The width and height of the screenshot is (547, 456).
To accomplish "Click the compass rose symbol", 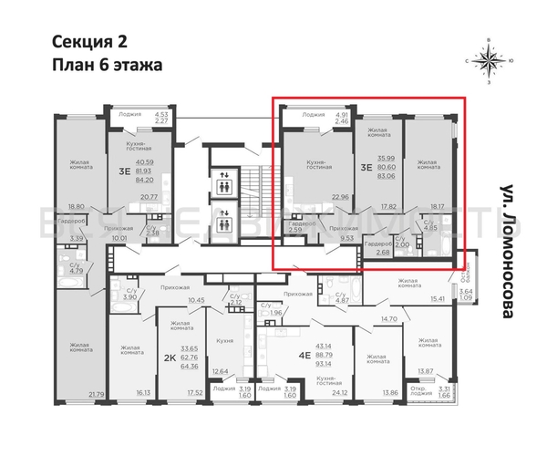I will point(491,61).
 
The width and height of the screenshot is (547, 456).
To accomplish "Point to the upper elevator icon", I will point(223,181).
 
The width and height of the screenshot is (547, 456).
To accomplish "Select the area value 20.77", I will point(150,197).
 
